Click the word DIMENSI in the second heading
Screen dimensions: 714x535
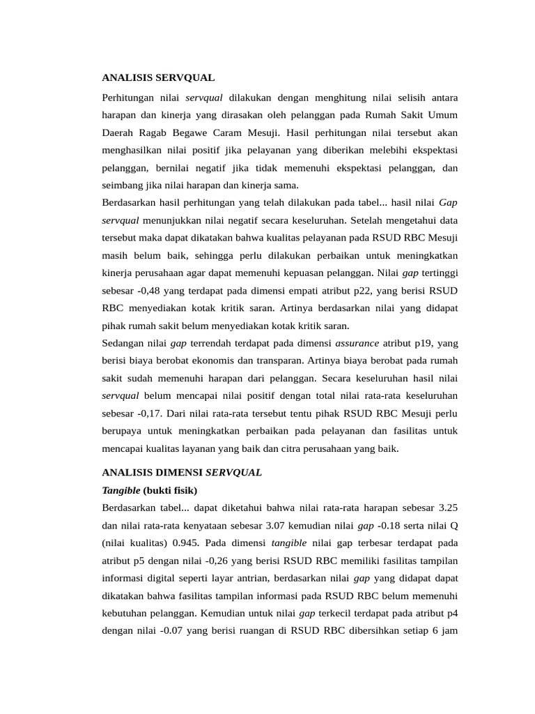[177, 472]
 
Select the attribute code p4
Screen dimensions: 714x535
[452, 613]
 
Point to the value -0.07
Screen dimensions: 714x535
[173, 630]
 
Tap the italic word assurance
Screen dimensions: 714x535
[357, 343]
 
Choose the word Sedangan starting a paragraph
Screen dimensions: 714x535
[123, 343]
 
